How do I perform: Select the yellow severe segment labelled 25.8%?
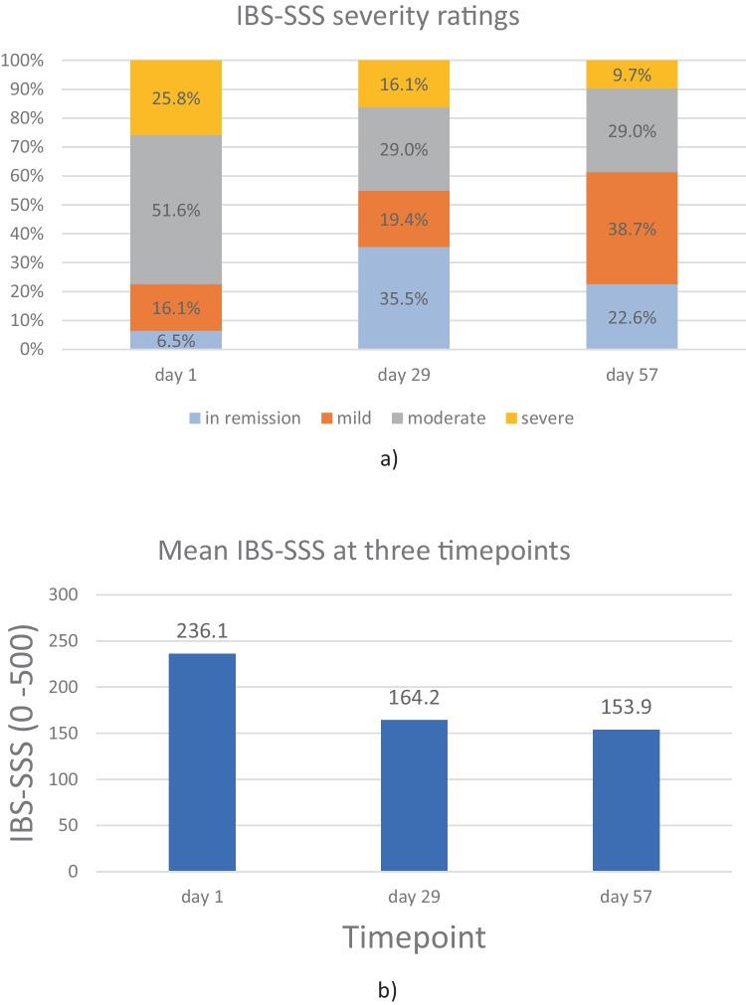click(x=176, y=97)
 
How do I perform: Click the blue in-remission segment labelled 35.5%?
click(x=404, y=297)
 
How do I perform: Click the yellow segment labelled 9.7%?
click(x=632, y=74)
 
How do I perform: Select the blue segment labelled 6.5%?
click(x=176, y=339)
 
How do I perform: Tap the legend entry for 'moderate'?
click(x=437, y=419)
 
